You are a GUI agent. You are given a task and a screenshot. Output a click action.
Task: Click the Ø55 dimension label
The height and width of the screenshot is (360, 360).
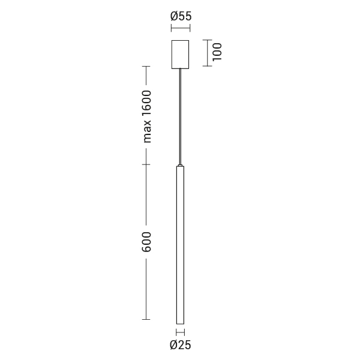point(181,16)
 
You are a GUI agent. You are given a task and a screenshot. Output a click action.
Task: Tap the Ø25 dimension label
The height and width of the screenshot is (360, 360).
point(181,345)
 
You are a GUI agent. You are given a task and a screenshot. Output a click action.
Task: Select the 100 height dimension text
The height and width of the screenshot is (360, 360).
point(217,52)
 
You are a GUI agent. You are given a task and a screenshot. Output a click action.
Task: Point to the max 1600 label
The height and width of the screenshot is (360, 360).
point(147,116)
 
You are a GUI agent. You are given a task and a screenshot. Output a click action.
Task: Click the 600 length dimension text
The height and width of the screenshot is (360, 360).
point(146,242)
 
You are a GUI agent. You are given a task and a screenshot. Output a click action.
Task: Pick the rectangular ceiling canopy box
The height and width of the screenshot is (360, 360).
point(180,55)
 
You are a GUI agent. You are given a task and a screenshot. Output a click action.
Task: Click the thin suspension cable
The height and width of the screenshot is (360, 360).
point(181,116)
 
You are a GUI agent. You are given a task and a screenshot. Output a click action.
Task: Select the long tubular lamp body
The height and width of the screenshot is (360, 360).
point(180,245)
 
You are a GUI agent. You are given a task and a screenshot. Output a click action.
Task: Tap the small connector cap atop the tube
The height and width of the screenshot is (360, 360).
point(180,165)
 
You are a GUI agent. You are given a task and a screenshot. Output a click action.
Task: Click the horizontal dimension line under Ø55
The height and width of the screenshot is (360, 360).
point(181,28)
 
